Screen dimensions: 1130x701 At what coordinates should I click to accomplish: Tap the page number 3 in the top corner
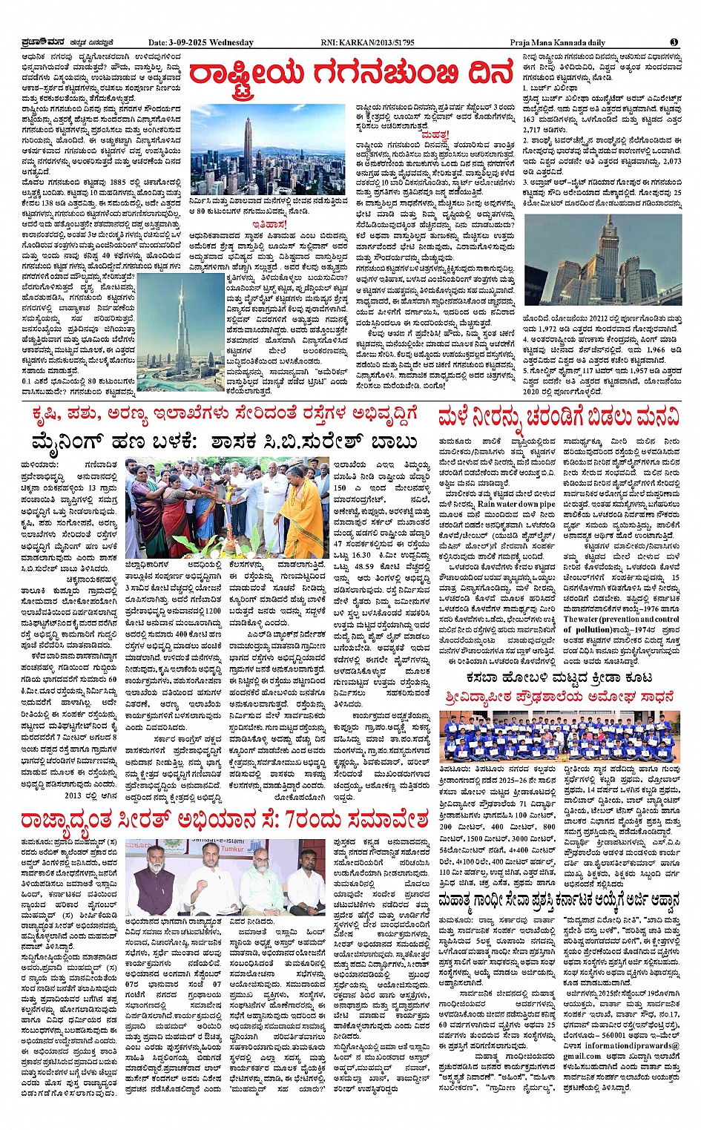coord(674,42)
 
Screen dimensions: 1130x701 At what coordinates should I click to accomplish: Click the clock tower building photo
coord(602,260)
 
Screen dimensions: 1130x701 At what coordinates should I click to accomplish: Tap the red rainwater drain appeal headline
coord(559,417)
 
